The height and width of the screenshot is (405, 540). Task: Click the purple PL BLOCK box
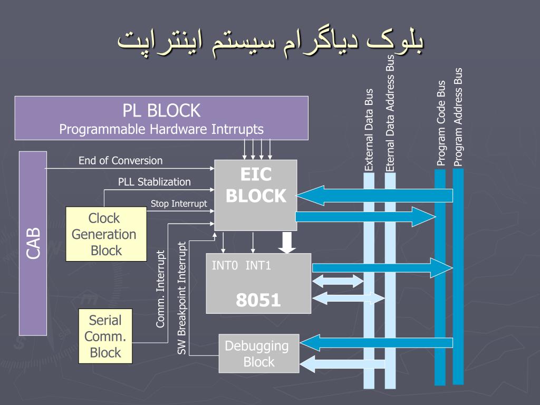(161, 118)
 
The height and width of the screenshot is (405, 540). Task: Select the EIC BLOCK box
(255, 195)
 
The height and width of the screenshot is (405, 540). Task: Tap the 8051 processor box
(258, 283)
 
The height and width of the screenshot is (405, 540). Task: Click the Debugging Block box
(258, 353)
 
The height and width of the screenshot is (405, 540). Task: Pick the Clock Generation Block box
(105, 234)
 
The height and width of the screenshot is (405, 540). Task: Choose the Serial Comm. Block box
(105, 336)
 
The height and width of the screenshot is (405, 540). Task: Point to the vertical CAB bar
(33, 243)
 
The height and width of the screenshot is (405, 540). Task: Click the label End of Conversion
(120, 160)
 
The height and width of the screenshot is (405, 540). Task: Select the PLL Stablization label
(154, 182)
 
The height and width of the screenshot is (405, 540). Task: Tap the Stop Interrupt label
(179, 204)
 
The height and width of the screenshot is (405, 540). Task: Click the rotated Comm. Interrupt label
(161, 289)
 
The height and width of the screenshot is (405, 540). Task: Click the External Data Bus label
(369, 130)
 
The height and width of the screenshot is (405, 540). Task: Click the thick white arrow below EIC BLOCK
(286, 242)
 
